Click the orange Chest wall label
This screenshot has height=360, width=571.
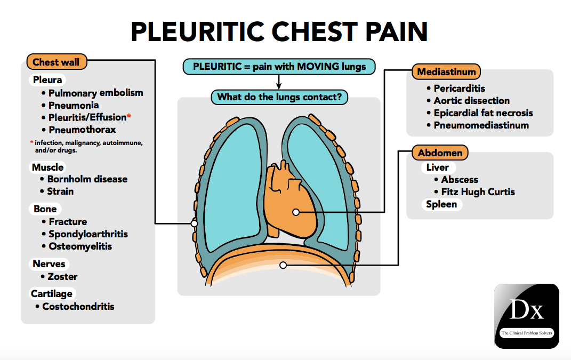(56, 62)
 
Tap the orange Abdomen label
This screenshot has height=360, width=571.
(440, 153)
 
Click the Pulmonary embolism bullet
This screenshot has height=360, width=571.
(95, 93)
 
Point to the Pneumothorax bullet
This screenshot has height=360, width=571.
(82, 130)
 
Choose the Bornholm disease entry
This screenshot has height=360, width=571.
(87, 179)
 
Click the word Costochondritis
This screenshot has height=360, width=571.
(78, 307)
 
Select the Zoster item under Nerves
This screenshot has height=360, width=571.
(63, 277)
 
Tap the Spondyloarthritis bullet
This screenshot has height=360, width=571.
(88, 234)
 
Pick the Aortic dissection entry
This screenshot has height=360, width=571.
(471, 101)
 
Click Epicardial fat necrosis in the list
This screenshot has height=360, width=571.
(483, 113)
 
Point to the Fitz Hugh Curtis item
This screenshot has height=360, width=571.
(478, 192)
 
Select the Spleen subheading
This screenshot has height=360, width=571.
(441, 204)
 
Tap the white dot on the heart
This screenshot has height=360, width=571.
(296, 212)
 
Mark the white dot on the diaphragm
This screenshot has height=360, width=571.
(283, 265)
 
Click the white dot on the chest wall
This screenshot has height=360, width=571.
(195, 223)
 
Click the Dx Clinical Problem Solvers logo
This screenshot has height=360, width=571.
(526, 316)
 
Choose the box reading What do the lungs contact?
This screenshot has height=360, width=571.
(279, 98)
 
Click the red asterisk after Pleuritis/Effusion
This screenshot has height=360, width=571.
(129, 116)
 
